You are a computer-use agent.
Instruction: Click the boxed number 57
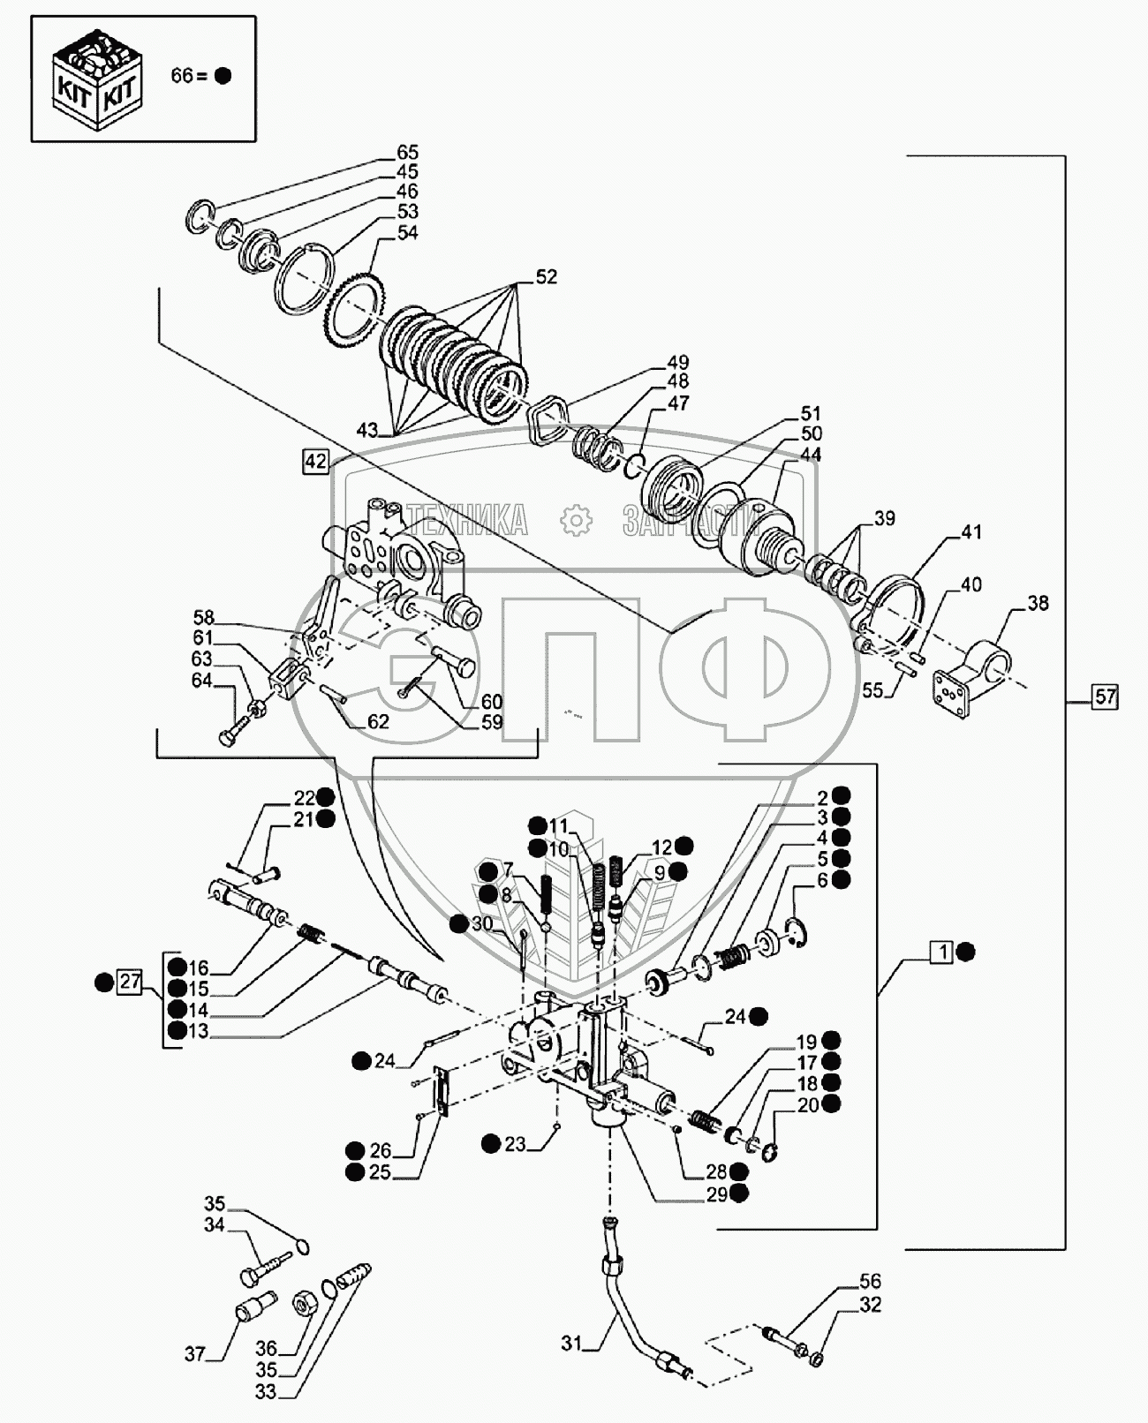[1105, 696]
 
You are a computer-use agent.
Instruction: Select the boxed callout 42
[315, 461]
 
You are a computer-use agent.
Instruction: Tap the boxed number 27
[130, 982]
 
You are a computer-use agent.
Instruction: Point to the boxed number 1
[943, 952]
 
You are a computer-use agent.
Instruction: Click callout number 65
[407, 153]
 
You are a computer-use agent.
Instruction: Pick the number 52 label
[546, 276]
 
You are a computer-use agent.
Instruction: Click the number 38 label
[1038, 603]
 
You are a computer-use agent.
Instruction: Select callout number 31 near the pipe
[571, 1344]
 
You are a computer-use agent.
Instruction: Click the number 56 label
[870, 1282]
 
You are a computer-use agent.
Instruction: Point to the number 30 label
[481, 922]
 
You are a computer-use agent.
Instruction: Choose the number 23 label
[515, 1144]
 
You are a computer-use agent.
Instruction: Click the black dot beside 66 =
[223, 76]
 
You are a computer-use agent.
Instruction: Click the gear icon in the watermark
[575, 521]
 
